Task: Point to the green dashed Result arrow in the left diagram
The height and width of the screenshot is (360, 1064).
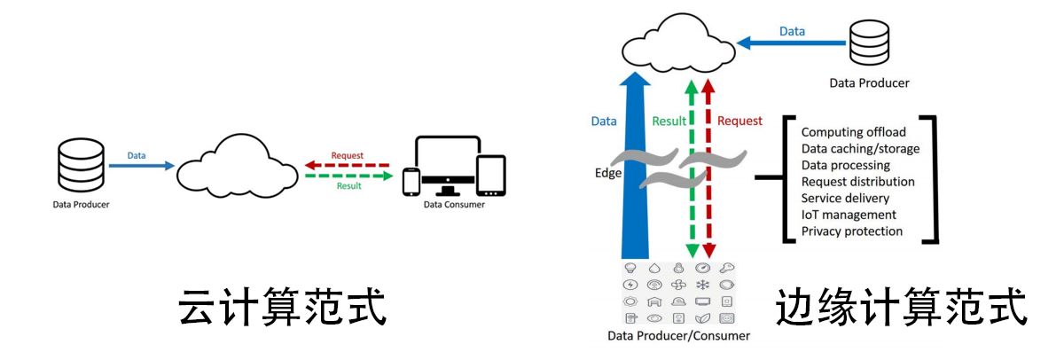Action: tap(347, 176)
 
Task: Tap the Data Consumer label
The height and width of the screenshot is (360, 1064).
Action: tap(453, 205)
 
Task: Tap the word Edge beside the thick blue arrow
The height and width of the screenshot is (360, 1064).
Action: tap(607, 173)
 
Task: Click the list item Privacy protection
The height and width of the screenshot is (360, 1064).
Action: tap(851, 231)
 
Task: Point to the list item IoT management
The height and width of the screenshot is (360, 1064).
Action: tap(849, 215)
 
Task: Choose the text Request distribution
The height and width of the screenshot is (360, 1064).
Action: tap(857, 182)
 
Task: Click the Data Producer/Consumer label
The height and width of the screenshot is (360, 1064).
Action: tap(678, 336)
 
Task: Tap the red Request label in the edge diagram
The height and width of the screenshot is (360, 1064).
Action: tap(739, 121)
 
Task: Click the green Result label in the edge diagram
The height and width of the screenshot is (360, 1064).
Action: tap(670, 121)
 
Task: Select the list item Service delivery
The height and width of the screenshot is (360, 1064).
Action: tap(844, 199)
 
